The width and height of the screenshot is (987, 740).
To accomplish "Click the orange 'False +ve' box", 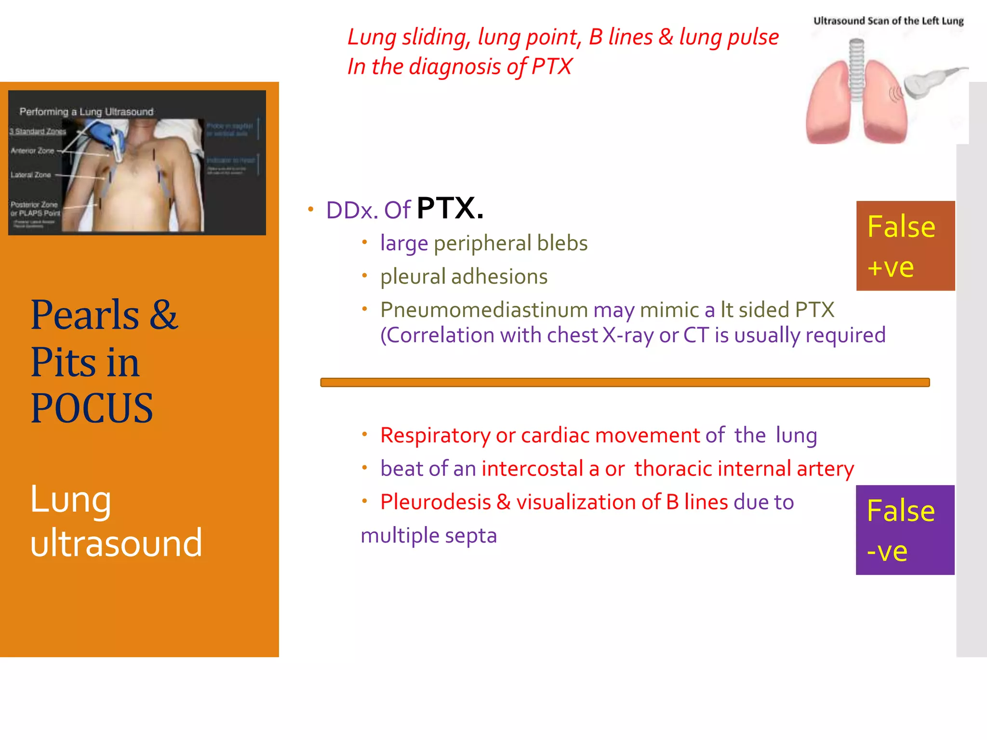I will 905,246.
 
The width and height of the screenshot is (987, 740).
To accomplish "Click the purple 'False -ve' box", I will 905,530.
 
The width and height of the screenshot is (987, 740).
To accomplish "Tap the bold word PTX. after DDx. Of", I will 450,209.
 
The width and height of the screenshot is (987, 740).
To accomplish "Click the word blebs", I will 562,243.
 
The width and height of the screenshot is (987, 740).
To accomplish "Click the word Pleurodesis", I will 435,502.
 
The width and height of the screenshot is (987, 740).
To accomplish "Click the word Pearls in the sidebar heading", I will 85,315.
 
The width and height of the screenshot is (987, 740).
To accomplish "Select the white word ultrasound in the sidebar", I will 116,543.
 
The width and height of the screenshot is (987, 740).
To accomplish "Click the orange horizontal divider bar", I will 625,383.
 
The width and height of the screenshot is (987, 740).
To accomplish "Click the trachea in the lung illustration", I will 856,70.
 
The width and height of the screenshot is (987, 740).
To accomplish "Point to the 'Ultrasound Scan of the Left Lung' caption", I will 888,21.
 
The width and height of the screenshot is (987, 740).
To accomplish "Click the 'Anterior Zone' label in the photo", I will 32,151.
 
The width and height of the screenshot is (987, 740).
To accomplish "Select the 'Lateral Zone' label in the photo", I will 30,175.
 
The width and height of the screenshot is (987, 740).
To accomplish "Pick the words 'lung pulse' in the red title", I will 729,37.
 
